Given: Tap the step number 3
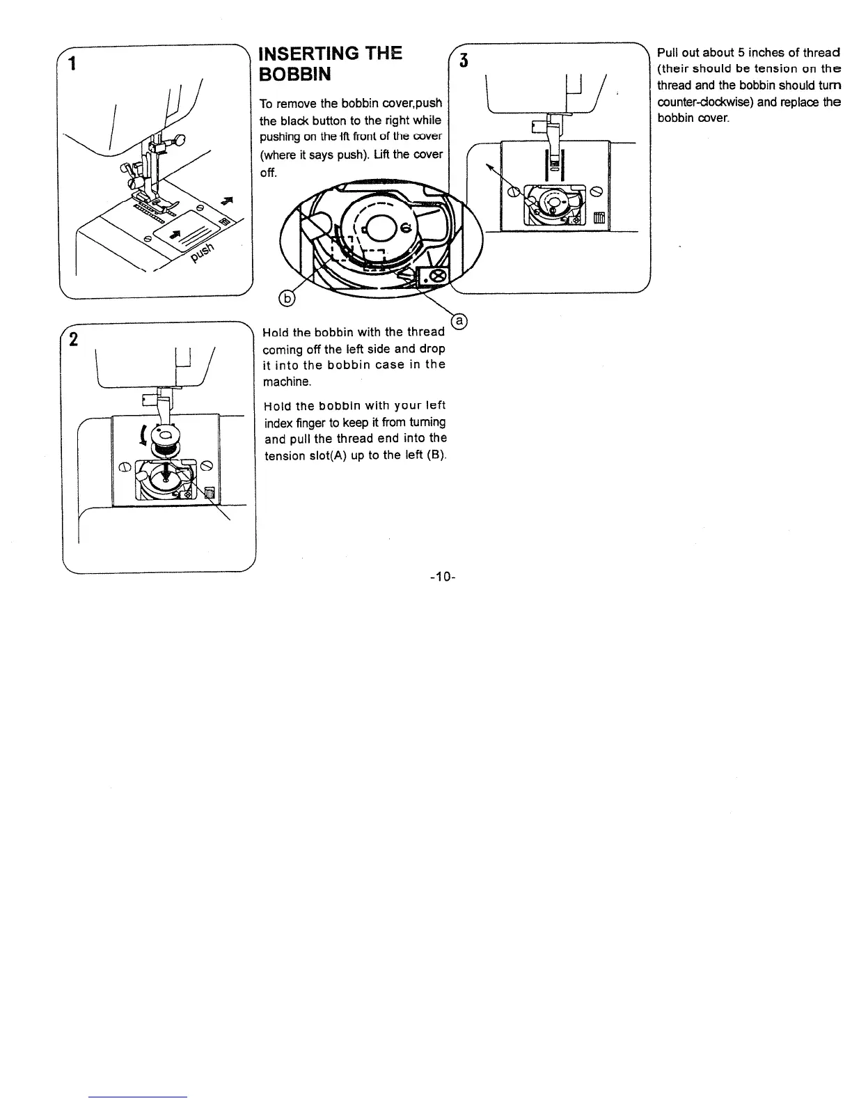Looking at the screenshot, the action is pos(461,61).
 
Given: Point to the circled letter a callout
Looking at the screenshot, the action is pos(459,321).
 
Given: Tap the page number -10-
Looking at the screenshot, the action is pos(443,577).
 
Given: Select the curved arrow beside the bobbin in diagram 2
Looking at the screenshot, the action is pos(144,435).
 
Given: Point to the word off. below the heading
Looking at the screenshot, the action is pos(268,171).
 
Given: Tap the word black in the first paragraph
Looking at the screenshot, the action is pos(301,120).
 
